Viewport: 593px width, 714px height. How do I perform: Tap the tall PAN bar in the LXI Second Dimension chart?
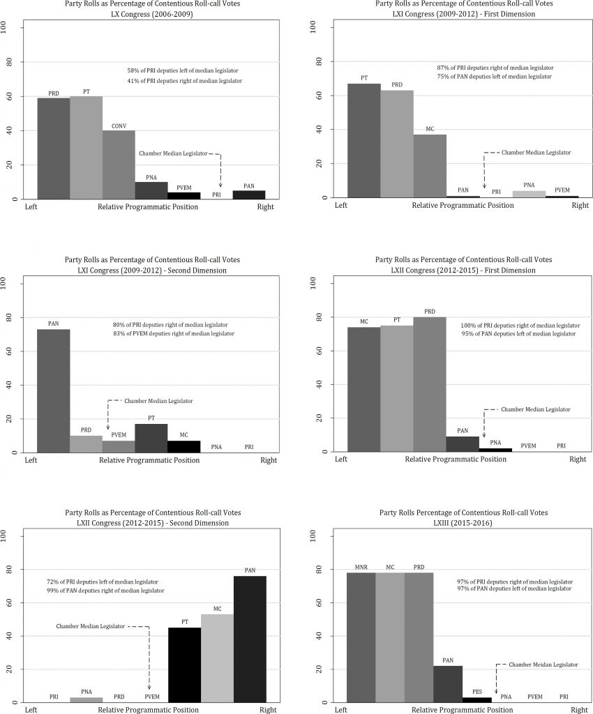tap(53, 390)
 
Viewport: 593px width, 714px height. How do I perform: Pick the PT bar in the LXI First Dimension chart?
tap(363, 140)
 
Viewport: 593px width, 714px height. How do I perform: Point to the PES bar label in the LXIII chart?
tap(476, 692)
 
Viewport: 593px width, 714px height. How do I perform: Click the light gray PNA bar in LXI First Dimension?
tap(528, 194)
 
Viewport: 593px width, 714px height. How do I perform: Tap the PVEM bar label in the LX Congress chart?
tap(183, 187)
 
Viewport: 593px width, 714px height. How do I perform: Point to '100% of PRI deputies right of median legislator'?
tap(520, 326)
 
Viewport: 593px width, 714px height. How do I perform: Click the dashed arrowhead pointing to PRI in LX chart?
tap(220, 184)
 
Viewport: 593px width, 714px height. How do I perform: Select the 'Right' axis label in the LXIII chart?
tap(578, 710)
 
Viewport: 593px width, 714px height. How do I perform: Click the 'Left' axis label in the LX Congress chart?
tap(31, 206)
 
